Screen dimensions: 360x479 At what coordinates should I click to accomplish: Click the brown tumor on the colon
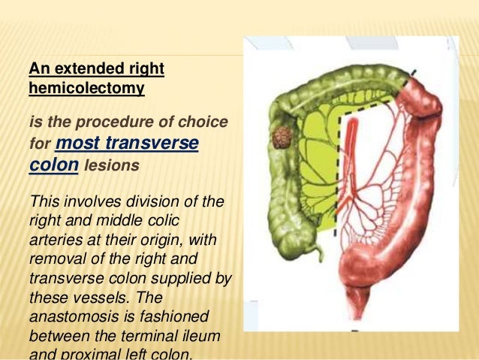pyautogui.click(x=282, y=138)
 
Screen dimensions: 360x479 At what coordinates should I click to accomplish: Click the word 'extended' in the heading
pyautogui.click(x=83, y=69)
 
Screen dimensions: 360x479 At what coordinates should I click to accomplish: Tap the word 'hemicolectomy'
pyautogui.click(x=87, y=88)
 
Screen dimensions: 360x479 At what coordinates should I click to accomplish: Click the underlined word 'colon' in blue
pyautogui.click(x=53, y=164)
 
